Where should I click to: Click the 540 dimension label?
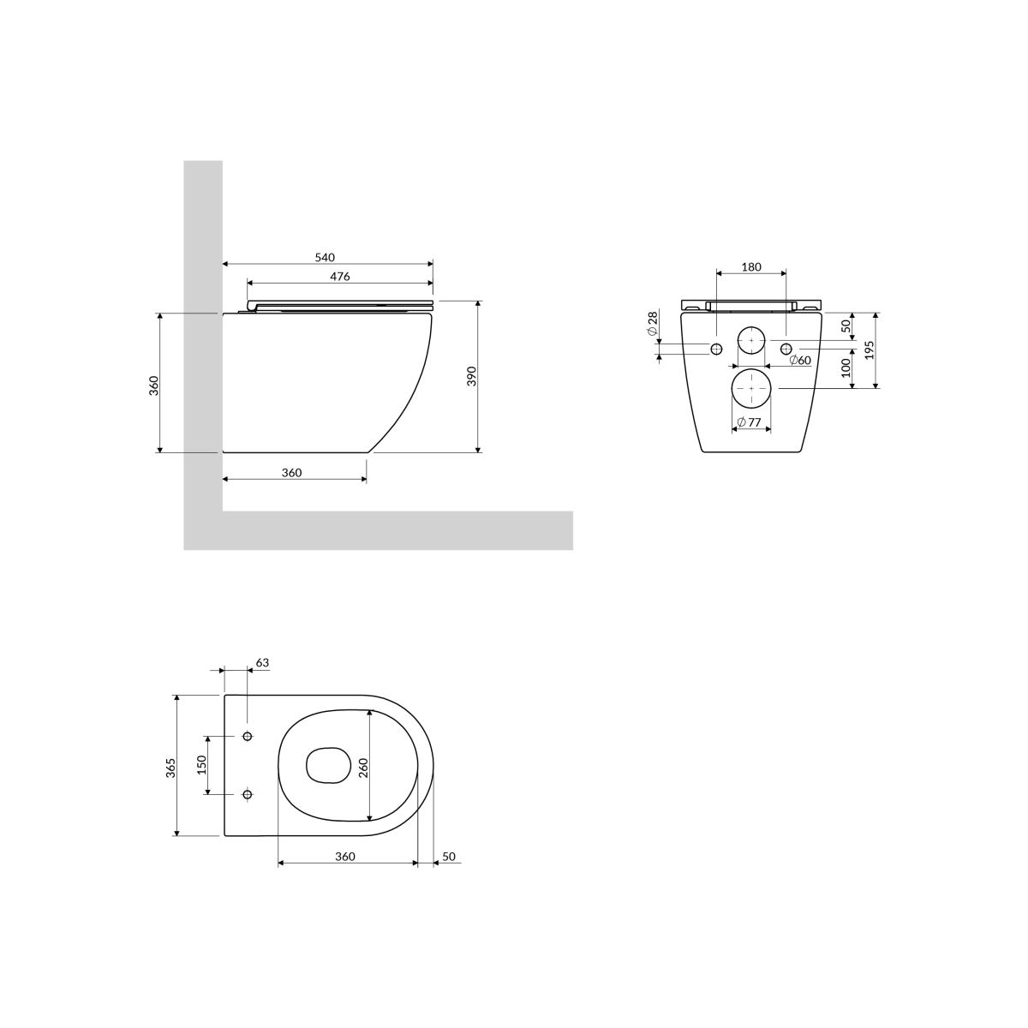325,257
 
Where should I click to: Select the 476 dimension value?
340,277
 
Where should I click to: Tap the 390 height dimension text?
471,377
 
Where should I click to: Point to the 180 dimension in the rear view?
751,266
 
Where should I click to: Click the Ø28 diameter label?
653,324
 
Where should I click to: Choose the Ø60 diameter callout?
800,360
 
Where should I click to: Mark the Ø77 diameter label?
750,422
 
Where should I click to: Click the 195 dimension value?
870,350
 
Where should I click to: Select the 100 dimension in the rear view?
846,368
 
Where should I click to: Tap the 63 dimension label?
262,662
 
